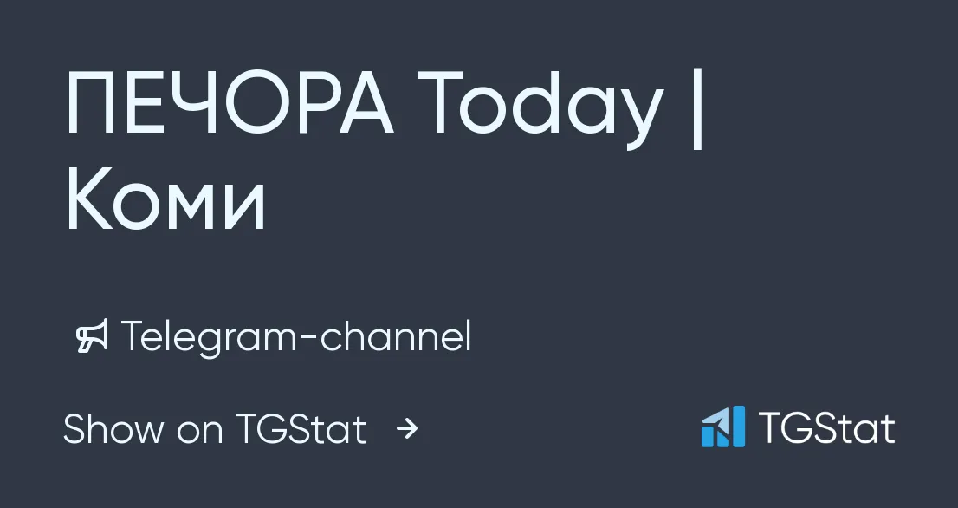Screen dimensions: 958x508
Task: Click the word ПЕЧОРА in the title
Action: click(x=230, y=102)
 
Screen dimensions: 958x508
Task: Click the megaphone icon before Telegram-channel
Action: click(x=92, y=335)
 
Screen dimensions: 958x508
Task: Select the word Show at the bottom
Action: click(x=113, y=428)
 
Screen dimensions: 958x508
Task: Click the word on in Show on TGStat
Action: click(x=200, y=433)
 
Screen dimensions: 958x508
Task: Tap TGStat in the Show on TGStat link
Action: click(x=300, y=428)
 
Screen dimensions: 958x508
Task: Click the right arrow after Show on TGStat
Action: click(x=407, y=428)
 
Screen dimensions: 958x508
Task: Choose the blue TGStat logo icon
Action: click(x=723, y=427)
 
